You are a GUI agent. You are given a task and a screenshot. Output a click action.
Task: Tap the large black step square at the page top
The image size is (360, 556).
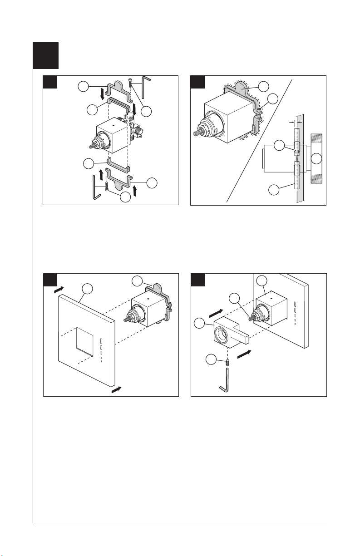[x=46, y=55]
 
